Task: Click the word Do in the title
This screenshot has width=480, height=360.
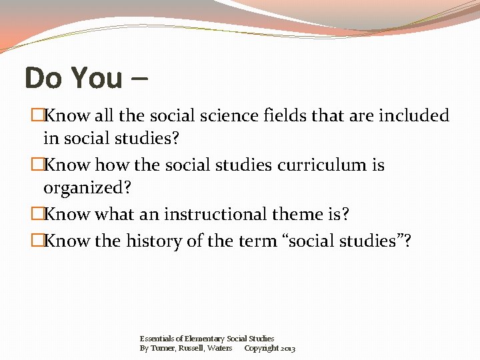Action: point(43,78)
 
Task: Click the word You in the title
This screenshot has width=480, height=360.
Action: point(96,78)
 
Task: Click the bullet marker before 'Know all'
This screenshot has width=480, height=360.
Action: point(37,116)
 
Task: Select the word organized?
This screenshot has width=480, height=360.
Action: point(87,188)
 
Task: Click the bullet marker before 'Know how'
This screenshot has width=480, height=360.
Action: point(37,165)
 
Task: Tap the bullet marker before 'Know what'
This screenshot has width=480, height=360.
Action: point(37,215)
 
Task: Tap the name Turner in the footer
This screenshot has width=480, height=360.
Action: point(163,348)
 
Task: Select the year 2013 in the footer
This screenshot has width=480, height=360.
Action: point(288,349)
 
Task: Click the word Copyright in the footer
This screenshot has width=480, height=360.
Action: point(261,348)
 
